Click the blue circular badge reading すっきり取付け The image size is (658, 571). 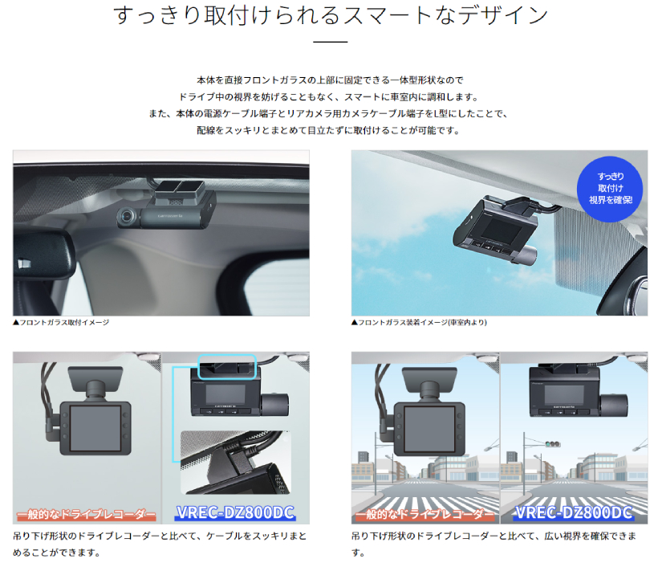(x=610, y=189)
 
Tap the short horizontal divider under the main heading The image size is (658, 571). (x=331, y=42)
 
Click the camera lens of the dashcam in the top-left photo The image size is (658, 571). (x=126, y=217)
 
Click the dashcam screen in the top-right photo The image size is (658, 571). (x=502, y=229)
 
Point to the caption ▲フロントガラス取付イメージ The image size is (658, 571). (x=61, y=323)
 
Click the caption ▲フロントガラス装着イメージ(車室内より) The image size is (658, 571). (x=419, y=323)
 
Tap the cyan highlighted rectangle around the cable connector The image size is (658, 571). (x=226, y=367)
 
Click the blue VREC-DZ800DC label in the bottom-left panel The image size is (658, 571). (x=235, y=513)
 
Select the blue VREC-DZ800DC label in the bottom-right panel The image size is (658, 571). (x=574, y=513)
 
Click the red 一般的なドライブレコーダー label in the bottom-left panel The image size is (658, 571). (x=87, y=514)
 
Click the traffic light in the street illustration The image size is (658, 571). (x=553, y=444)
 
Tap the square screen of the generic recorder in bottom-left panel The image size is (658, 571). (x=95, y=428)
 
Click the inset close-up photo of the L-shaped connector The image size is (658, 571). (x=235, y=463)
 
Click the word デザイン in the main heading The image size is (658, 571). (x=503, y=15)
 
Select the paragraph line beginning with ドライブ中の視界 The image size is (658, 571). (x=329, y=97)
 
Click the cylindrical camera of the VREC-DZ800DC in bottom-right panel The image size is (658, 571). (x=615, y=407)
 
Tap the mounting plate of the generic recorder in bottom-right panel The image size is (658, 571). (x=429, y=380)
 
